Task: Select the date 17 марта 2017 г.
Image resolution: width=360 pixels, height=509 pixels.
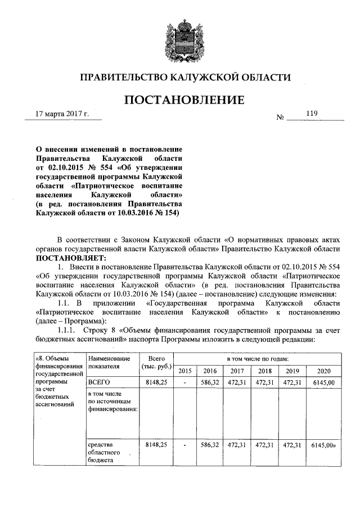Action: click(x=62, y=114)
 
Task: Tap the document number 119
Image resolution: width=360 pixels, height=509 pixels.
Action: click(x=313, y=114)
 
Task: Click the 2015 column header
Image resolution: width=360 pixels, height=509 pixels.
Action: click(x=184, y=371)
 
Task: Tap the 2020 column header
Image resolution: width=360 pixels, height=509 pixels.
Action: click(x=323, y=371)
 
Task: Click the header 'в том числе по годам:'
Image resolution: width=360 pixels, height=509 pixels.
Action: click(x=258, y=358)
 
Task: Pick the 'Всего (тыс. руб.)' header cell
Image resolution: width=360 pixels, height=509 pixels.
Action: click(x=152, y=363)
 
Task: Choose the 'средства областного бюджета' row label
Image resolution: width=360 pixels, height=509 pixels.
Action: click(x=103, y=452)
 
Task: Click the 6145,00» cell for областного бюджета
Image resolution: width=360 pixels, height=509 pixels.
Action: click(x=325, y=444)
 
